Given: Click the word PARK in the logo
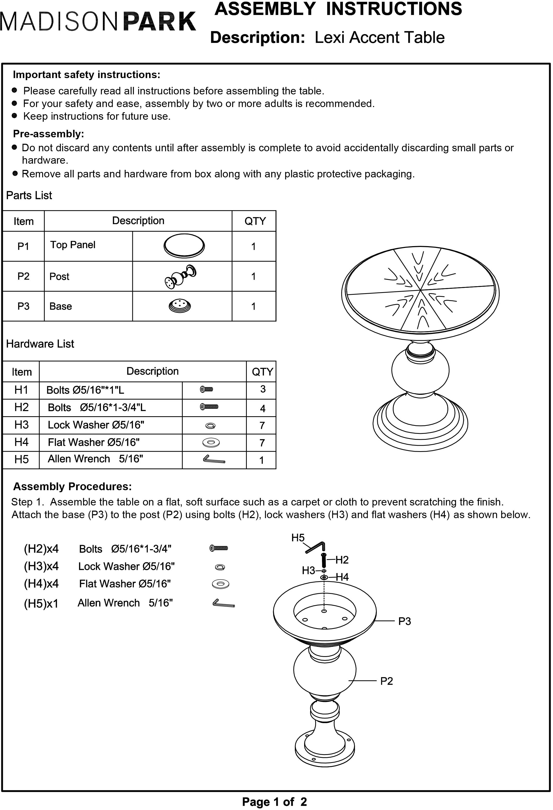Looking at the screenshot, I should point(160,22).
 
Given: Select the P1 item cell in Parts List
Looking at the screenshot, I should point(23,246).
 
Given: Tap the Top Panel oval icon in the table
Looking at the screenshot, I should point(184,245).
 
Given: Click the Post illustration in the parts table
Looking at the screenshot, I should point(181,276).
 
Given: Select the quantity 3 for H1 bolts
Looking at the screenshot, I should point(263,389).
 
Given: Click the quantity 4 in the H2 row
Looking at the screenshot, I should point(263,408).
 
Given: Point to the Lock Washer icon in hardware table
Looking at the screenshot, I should point(210,426).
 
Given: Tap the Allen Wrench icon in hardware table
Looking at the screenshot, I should point(214,460).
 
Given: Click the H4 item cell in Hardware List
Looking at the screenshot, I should point(21,442).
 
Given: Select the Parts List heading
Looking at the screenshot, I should point(29,195).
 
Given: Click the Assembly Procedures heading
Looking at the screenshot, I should point(72,487).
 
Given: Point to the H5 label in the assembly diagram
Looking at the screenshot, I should point(298,538).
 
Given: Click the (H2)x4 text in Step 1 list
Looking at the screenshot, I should point(41,549).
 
